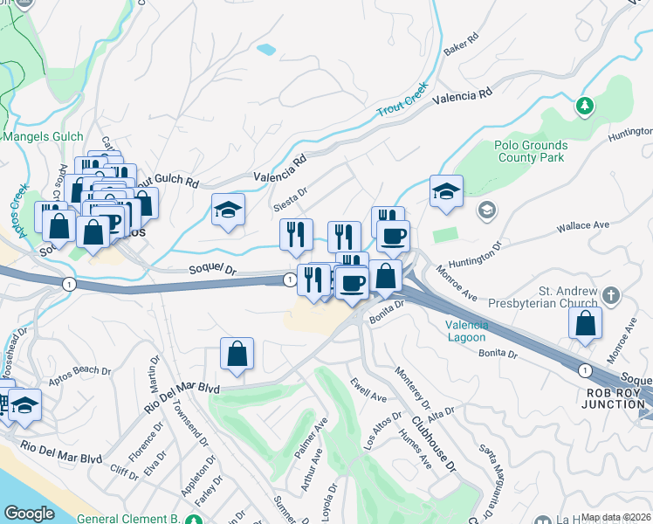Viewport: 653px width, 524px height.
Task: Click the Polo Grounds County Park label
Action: (x=531, y=152)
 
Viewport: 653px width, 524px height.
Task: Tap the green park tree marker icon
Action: (x=585, y=107)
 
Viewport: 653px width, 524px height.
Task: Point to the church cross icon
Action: (x=611, y=295)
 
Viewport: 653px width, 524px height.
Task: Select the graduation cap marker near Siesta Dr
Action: (x=228, y=210)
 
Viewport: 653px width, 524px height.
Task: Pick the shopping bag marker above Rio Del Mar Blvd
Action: (x=237, y=354)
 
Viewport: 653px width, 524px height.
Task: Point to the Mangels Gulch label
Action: (x=44, y=136)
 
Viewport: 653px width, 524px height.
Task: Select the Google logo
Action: (x=29, y=514)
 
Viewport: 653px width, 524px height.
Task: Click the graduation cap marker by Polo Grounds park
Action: (x=446, y=191)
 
